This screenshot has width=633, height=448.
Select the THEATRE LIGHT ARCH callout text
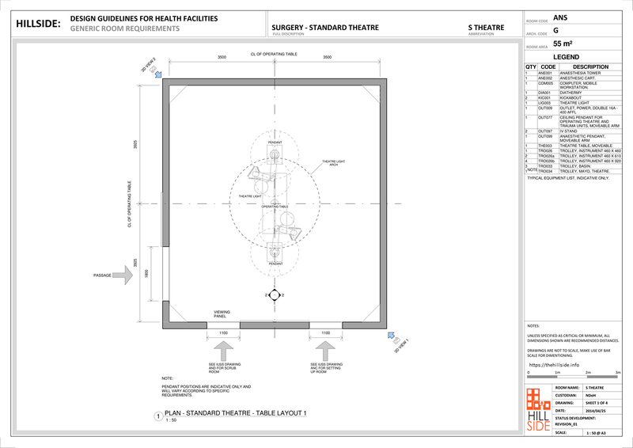click(x=334, y=163)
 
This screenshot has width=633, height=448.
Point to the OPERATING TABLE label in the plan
click(x=263, y=206)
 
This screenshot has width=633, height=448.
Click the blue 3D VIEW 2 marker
click(x=159, y=74)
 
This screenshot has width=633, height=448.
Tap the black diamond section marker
click(x=273, y=295)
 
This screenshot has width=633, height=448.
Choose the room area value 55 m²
click(x=563, y=44)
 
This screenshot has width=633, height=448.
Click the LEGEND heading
click(x=569, y=58)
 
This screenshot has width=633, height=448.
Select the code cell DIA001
click(x=544, y=93)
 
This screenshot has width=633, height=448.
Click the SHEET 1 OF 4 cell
click(x=599, y=402)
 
